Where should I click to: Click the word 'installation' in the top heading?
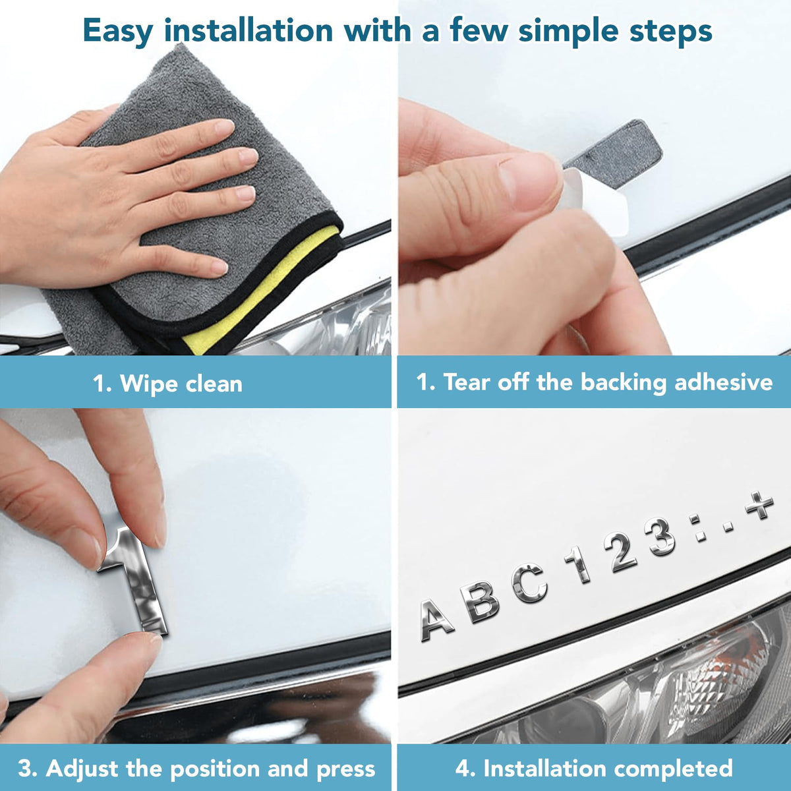249,30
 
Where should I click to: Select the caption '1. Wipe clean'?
168,384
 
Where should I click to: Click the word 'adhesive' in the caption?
723,382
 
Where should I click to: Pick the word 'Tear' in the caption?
466,382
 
